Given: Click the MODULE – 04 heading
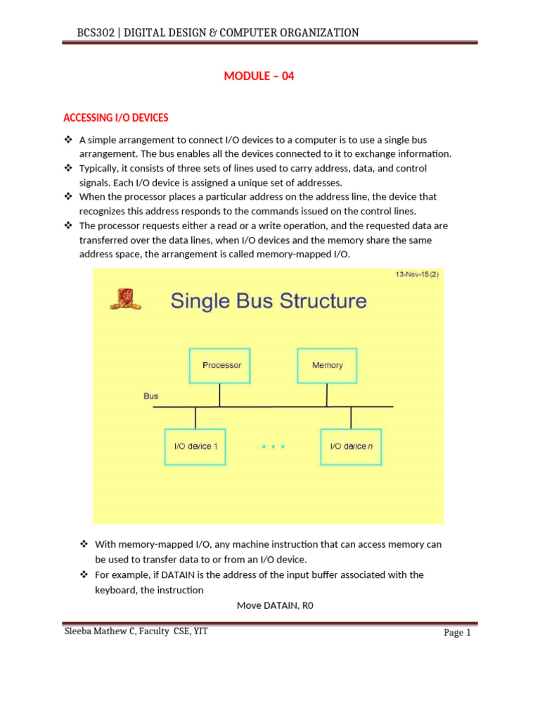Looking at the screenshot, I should (259, 77).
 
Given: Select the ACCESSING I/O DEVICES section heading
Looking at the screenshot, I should (116, 117).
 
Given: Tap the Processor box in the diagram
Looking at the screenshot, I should (221, 366).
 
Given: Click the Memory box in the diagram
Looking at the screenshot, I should (327, 366).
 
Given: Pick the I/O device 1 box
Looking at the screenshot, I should (195, 446).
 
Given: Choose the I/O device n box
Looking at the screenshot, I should (351, 446).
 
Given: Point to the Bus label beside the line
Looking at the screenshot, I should (151, 396).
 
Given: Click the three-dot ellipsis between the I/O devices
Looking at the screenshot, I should (273, 446).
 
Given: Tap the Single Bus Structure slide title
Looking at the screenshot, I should (268, 301).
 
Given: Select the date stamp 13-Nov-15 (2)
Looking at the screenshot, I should (416, 275).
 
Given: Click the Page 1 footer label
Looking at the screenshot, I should (457, 633).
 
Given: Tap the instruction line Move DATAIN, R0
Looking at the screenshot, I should (274, 605).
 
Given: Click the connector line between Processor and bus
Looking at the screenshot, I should (220, 395).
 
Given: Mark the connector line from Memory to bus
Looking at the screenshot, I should (327, 395).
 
